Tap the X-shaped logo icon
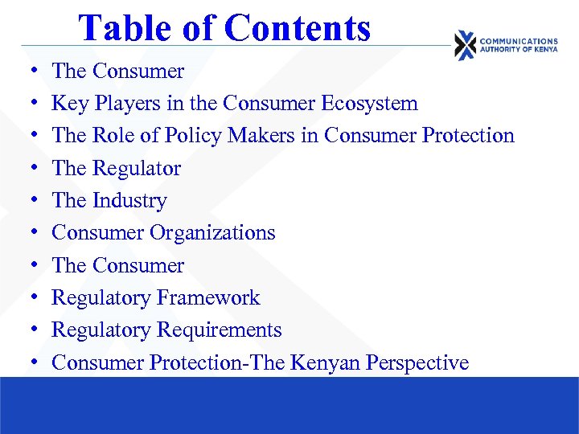tap(465, 45)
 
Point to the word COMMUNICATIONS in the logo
tap(518, 41)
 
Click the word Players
tap(122, 104)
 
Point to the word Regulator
tap(137, 169)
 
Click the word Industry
tap(129, 201)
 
